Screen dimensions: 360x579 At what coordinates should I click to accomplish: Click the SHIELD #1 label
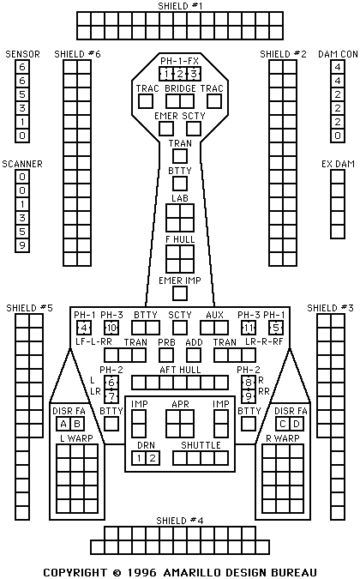180,6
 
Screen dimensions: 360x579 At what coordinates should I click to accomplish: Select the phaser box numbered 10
111,328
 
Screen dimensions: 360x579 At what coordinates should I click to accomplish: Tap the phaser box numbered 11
249,328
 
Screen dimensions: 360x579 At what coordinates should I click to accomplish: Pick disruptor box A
63,424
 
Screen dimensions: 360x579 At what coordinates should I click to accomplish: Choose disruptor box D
297,424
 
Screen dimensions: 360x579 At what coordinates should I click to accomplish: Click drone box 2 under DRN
153,458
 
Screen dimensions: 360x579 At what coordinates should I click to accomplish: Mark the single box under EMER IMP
180,293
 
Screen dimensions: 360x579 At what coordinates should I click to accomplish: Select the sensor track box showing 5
22,94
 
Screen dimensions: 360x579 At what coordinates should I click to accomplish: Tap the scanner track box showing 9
22,245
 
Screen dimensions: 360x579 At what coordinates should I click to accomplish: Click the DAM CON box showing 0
338,136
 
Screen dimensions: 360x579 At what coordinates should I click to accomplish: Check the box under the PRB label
166,355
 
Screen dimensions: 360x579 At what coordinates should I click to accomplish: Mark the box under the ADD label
194,355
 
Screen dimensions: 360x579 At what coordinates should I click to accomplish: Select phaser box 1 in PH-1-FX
166,74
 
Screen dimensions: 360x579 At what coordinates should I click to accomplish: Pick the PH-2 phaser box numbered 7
111,396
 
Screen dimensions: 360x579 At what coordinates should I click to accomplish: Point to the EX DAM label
338,164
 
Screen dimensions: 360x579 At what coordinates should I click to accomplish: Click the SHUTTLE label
201,445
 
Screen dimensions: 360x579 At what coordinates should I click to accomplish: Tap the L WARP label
77,438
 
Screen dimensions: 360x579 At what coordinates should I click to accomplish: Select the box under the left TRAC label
146,101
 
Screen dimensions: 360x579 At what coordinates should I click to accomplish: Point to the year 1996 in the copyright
141,572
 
